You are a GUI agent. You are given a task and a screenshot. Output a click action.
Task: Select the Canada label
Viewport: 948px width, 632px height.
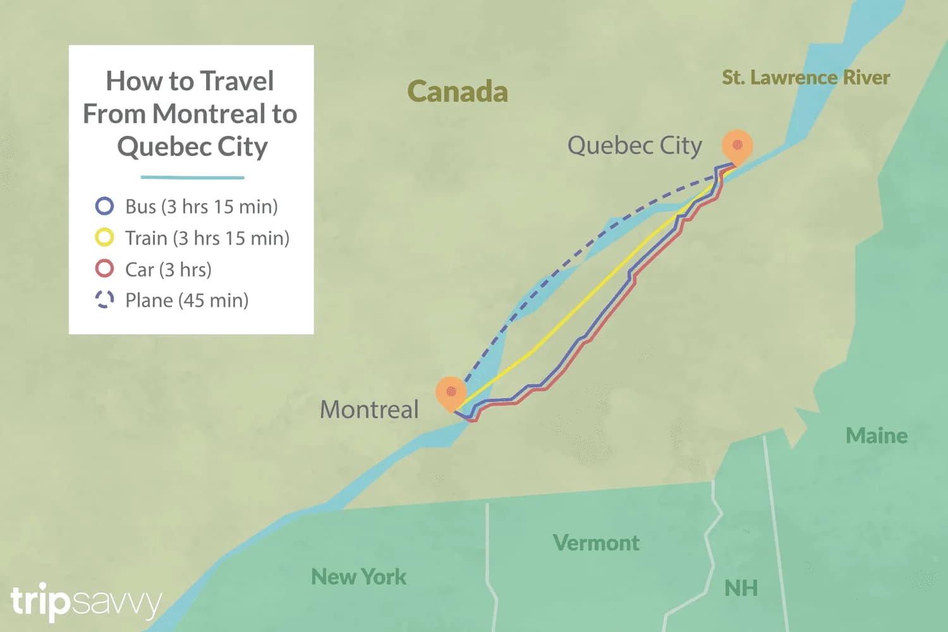[x=458, y=92]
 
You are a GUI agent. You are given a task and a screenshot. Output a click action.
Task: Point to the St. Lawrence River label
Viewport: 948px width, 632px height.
[x=806, y=78]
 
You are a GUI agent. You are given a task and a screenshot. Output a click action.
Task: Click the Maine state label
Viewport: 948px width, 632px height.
[x=877, y=435]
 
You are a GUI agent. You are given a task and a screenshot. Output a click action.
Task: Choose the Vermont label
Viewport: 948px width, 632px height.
[x=596, y=542]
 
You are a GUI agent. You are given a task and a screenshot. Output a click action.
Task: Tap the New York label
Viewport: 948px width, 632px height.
[x=359, y=576]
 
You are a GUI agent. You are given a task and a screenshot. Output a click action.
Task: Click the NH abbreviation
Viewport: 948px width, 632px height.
[x=741, y=588]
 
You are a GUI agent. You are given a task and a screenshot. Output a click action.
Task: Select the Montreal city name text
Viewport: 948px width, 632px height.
[x=369, y=410]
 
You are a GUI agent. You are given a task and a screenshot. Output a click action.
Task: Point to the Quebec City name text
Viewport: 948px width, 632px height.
[x=635, y=146]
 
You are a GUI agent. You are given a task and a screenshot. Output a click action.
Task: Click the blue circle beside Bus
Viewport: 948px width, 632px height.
[x=104, y=206]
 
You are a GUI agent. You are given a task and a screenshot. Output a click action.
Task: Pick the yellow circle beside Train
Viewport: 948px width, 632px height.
[x=104, y=238]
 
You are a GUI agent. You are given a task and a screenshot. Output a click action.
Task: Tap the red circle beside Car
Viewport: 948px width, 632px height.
[x=104, y=269]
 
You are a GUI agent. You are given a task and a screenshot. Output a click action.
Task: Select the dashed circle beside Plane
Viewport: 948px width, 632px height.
[x=104, y=300]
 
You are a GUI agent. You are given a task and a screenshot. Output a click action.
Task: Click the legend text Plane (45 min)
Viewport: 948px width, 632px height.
[x=187, y=300]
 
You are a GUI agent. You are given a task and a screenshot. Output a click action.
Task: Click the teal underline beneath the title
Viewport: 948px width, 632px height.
[x=192, y=178]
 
